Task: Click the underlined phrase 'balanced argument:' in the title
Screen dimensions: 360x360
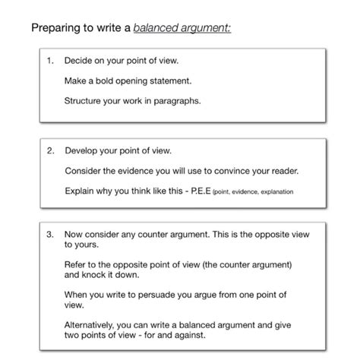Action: tap(182, 29)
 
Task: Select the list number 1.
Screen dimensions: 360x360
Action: tap(51, 60)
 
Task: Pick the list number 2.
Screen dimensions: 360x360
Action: tap(51, 150)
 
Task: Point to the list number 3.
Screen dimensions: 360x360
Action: tap(51, 235)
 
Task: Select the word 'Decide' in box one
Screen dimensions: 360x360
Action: tap(78, 60)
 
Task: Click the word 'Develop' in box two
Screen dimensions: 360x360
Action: tap(81, 150)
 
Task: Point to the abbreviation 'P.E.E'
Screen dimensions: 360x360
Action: tap(197, 191)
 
